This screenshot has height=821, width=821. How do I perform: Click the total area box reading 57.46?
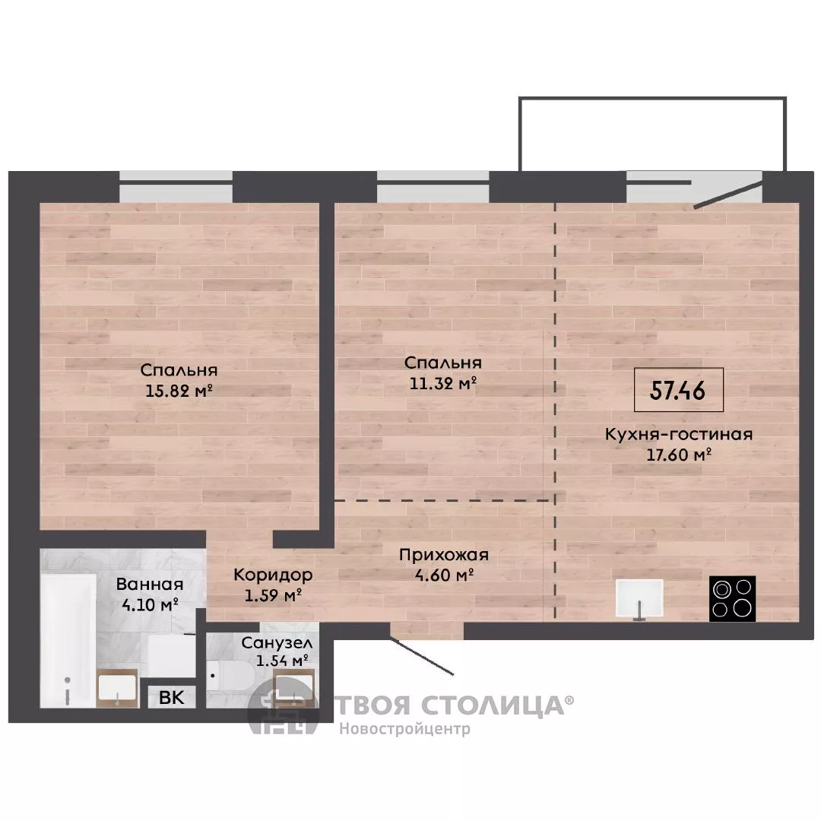679,389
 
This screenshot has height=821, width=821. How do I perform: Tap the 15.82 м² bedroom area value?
179,391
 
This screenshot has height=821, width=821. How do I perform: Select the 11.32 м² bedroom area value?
443,383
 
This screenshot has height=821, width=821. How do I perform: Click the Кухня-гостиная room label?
679,435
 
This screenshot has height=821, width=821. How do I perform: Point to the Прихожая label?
443,554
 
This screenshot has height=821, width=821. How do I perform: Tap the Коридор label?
273,575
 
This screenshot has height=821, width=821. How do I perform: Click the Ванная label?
150,584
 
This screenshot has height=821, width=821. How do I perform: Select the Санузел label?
277,643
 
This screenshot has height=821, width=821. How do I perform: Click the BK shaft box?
171,697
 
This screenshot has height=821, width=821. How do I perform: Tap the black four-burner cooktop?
732,598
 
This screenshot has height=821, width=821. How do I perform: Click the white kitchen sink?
639,598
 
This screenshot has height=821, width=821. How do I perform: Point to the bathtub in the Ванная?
68,641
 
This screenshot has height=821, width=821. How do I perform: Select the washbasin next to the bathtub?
117,687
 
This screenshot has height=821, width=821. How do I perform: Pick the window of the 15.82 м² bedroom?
176,187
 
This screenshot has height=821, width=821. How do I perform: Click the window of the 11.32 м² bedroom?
433,187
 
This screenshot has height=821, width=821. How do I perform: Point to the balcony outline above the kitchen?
652,97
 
